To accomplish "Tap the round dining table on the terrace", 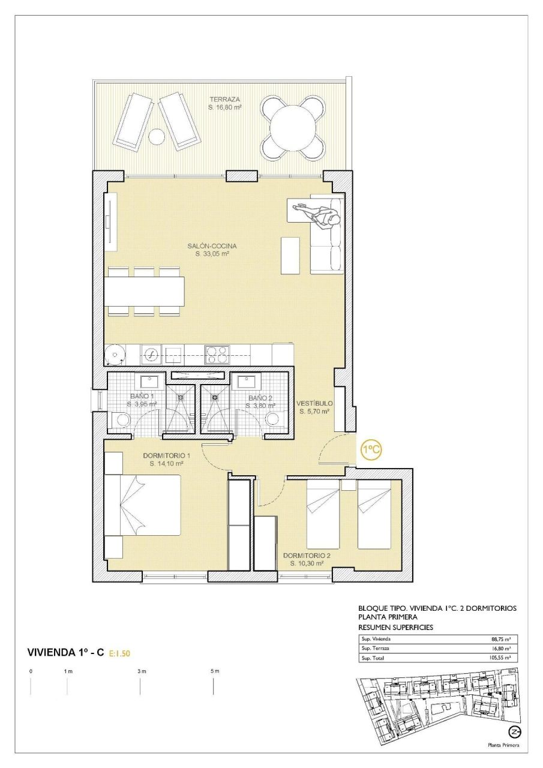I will coord(293,128).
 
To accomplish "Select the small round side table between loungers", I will coord(157,137).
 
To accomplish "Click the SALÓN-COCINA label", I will coord(212,246).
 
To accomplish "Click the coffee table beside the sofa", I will coord(290,255).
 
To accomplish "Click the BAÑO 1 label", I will coord(142,397).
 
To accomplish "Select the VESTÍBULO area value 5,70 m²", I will coord(315,412).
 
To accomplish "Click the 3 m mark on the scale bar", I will coord(140,671).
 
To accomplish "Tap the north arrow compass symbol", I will coord(514,731).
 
